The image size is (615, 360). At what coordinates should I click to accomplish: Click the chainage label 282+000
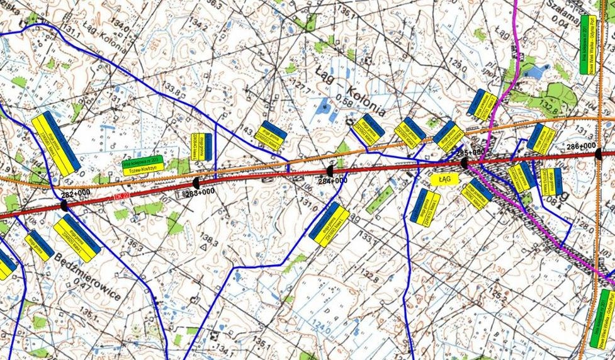76,193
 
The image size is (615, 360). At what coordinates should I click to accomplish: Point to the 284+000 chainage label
332,181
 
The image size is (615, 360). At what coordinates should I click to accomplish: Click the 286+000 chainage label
581,146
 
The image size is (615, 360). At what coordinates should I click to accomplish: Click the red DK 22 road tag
122,198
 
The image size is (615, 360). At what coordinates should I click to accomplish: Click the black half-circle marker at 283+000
196,182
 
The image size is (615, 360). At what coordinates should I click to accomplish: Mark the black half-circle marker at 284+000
329,171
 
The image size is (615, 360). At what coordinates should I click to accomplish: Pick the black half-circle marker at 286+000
598,153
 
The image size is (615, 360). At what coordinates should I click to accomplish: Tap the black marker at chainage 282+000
64,205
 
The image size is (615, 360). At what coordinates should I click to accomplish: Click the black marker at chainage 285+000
464,162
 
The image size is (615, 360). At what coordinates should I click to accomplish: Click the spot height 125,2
498,292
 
